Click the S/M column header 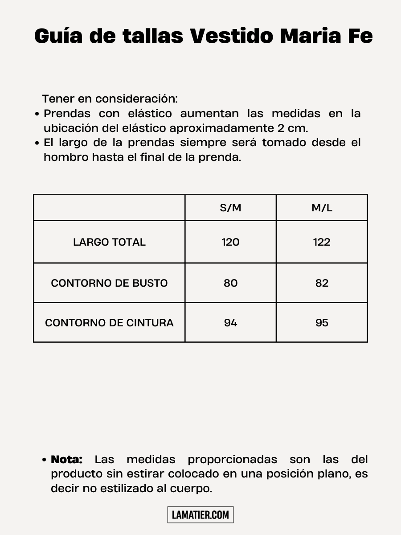pos(230,208)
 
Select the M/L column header pos(322,208)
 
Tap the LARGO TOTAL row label pos(109,242)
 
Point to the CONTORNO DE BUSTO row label pos(109,283)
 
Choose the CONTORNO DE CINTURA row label pos(109,323)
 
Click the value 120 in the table pos(230,242)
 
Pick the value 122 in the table pos(322,242)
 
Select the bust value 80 pos(230,283)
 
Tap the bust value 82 pos(322,283)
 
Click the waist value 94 pos(230,323)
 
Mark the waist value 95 pos(322,323)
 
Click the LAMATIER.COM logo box pos(200,515)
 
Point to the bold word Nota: pos(67,459)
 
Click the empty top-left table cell pos(109,208)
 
